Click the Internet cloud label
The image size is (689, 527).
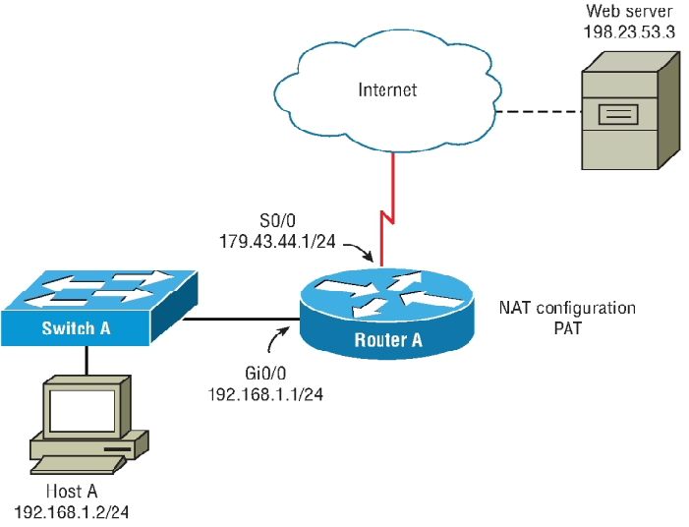387,90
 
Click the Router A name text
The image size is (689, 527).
387,340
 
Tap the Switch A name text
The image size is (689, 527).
76,327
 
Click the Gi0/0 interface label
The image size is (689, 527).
265,376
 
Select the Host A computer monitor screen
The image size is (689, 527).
82,411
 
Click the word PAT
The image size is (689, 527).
567,327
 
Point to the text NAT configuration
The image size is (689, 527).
567,309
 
